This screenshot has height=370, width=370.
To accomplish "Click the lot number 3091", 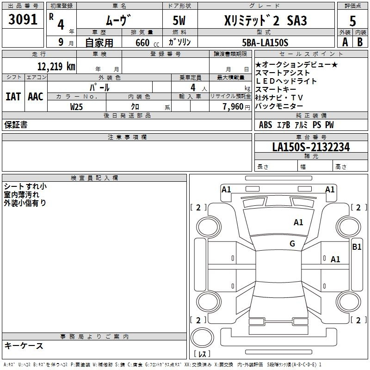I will [x=23, y=20].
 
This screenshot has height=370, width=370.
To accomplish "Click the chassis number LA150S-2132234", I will [x=311, y=147].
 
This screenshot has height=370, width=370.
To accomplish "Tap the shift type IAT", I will [x=13, y=97].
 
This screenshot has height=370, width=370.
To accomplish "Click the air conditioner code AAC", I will [x=35, y=97].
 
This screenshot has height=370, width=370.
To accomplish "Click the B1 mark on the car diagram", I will [x=357, y=247].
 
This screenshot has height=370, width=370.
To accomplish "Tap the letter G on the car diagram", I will [x=292, y=244].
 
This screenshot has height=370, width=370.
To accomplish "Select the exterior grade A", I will [x=345, y=42].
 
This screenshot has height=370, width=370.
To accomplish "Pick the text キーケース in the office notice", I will [x=24, y=345].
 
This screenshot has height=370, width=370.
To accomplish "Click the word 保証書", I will [x=16, y=125].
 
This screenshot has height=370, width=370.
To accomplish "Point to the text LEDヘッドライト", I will [x=286, y=81].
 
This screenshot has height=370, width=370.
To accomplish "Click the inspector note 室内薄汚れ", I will [x=22, y=194].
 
